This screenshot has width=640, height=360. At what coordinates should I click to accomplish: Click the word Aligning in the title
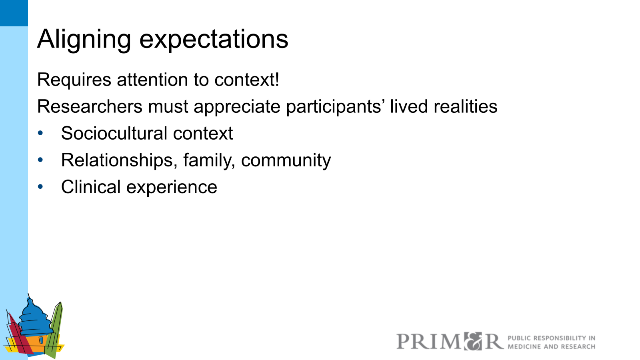(x=84, y=39)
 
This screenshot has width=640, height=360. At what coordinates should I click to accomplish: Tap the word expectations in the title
(x=214, y=39)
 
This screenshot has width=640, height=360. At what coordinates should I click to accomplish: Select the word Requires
(x=74, y=80)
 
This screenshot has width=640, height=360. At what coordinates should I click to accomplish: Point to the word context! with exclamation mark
(x=247, y=80)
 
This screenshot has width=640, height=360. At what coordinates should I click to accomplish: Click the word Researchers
(x=90, y=106)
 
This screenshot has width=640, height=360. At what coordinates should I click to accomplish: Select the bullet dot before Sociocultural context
(x=40, y=133)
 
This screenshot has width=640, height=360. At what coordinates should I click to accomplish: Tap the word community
(x=286, y=160)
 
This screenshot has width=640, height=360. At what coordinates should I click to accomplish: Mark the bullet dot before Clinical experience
(x=40, y=187)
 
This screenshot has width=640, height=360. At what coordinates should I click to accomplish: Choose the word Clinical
(x=91, y=187)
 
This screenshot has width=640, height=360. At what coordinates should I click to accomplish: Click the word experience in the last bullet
(x=172, y=187)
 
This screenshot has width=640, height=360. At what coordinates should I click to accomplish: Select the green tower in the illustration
(x=56, y=328)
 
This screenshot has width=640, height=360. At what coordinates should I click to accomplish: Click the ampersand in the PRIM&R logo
(x=473, y=341)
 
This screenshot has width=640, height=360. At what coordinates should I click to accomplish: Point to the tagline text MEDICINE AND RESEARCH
(x=551, y=347)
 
